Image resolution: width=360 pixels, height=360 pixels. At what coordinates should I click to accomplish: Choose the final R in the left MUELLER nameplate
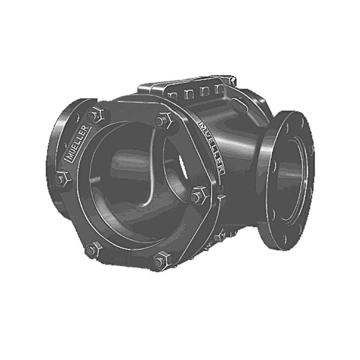(86, 127)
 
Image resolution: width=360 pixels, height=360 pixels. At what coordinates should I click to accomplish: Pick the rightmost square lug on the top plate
(219, 89)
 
